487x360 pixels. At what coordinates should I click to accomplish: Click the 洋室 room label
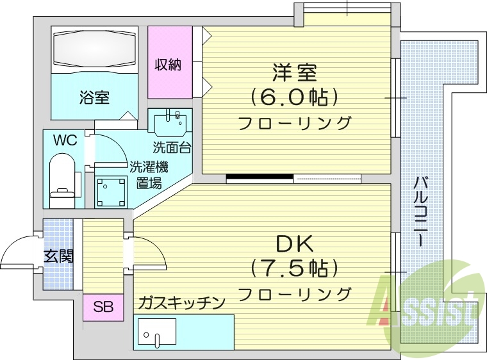(x=294, y=72)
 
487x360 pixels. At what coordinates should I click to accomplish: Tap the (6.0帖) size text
(x=294, y=97)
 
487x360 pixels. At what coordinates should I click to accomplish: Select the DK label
(x=294, y=243)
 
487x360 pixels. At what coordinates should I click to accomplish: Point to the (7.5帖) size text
(x=294, y=267)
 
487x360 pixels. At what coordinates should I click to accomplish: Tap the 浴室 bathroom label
(x=94, y=98)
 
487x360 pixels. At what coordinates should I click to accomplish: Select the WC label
(x=65, y=140)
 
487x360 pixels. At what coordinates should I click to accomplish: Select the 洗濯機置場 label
(x=149, y=174)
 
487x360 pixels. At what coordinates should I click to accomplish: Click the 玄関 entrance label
(x=58, y=257)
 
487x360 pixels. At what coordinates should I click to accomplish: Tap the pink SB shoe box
(x=103, y=307)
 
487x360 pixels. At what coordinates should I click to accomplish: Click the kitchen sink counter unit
(x=183, y=332)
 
